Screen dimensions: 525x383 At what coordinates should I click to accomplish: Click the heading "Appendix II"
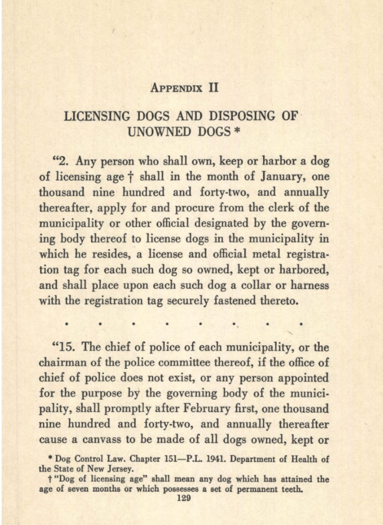point(185,87)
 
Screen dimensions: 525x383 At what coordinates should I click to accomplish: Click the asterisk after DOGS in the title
point(237,130)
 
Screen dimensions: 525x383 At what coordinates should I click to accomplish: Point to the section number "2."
point(64,161)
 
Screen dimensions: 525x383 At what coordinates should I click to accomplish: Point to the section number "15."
point(66,347)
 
